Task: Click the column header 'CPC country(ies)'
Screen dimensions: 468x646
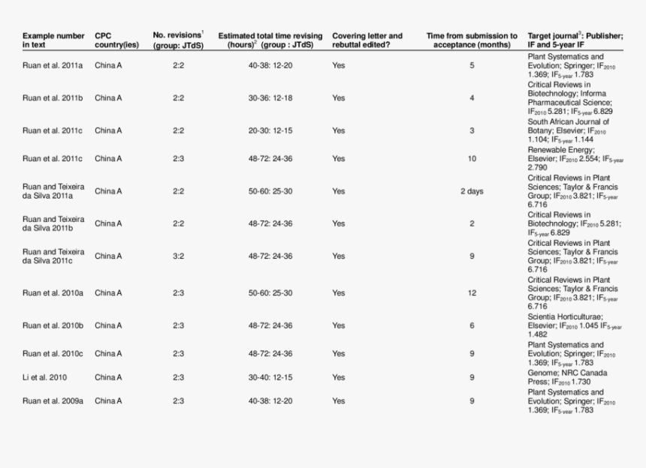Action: tap(116, 40)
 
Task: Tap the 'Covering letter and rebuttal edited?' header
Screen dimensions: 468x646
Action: tap(367, 40)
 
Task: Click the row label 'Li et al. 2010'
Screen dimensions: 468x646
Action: tap(44, 377)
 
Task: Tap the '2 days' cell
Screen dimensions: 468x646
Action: tap(472, 191)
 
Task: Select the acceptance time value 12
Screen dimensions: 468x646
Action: tap(472, 293)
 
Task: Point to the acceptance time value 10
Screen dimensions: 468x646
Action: tap(472, 159)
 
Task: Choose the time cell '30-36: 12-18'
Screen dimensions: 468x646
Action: tap(270, 98)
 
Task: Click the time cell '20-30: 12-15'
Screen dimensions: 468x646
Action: tap(270, 130)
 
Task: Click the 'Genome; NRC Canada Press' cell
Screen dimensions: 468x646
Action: tap(568, 377)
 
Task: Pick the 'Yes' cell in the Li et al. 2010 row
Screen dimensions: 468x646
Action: tap(339, 377)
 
